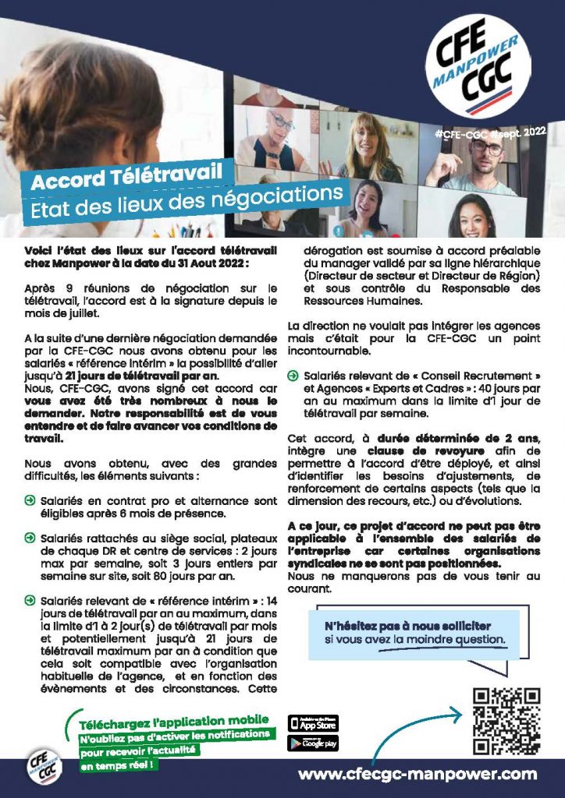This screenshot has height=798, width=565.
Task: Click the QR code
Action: [x=506, y=720]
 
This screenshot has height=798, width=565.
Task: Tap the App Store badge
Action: [x=313, y=722]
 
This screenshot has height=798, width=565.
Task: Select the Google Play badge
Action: [x=313, y=743]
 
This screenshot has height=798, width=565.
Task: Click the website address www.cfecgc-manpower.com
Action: [x=418, y=774]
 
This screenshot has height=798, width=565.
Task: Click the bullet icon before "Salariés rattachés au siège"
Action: [x=30, y=537]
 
